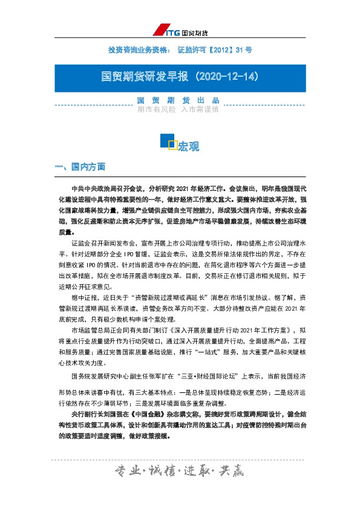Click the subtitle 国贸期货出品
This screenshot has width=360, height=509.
tap(177, 101)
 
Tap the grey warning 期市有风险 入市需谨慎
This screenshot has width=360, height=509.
tap(177, 110)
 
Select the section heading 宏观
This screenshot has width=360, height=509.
tap(189, 146)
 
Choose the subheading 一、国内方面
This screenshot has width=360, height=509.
tap(80, 166)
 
